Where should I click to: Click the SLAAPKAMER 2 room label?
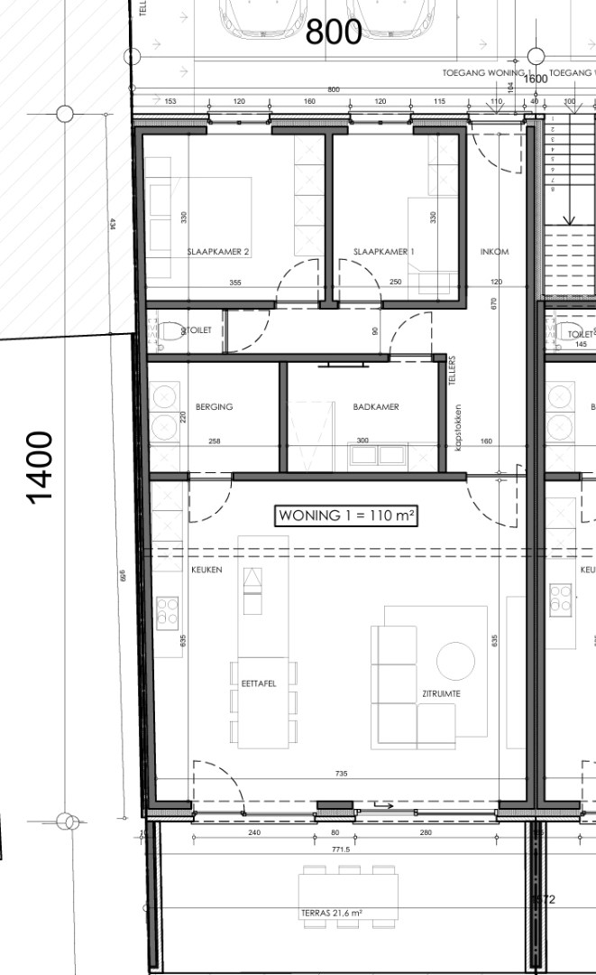click(x=217, y=252)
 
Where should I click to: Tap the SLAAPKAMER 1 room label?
click(x=383, y=252)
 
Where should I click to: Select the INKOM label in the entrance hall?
click(x=495, y=252)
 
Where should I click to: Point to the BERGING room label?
click(x=214, y=407)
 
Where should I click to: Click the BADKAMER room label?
click(x=376, y=407)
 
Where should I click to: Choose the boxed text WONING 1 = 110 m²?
click(x=346, y=515)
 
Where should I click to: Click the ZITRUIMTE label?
click(x=441, y=693)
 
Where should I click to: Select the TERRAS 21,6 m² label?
click(x=331, y=914)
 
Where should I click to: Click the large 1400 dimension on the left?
click(x=40, y=467)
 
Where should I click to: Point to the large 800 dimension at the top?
click(x=334, y=32)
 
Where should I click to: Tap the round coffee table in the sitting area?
click(x=455, y=661)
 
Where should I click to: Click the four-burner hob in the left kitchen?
click(x=168, y=612)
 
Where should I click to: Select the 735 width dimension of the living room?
click(x=341, y=775)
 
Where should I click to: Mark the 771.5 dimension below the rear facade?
click(x=341, y=850)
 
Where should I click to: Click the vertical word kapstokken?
click(x=459, y=428)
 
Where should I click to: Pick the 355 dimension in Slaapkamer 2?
click(x=235, y=283)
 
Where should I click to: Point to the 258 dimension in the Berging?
click(x=214, y=441)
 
